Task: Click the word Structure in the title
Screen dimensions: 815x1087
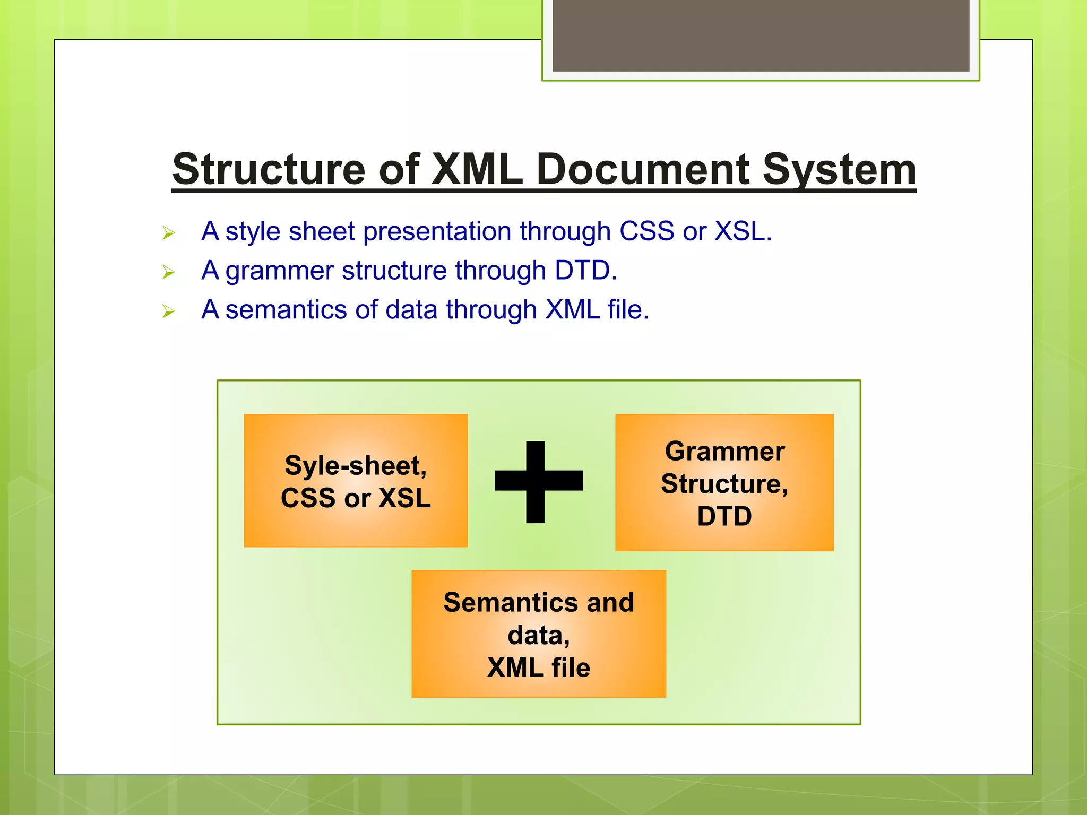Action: [x=269, y=170]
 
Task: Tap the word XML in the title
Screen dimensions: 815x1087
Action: [x=477, y=170]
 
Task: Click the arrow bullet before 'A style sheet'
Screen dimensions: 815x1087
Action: [x=168, y=233]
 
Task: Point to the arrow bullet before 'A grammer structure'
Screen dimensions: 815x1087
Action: [x=168, y=272]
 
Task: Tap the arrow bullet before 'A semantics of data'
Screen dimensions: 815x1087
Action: [x=168, y=311]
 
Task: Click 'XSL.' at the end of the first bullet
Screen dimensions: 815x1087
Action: [x=743, y=231]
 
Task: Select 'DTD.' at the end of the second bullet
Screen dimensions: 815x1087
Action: [x=586, y=271]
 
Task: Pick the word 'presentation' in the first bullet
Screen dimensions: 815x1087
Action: [x=437, y=232]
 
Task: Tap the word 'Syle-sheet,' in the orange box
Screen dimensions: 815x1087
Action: [x=356, y=466]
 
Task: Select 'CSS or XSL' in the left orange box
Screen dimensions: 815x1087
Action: [x=356, y=498]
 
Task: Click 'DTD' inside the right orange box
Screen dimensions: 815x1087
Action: [x=724, y=516]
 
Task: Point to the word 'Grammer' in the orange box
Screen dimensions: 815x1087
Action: [x=724, y=452]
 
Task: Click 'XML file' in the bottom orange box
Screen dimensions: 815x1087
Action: [x=538, y=667]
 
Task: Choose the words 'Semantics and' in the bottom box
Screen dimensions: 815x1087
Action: [x=538, y=603]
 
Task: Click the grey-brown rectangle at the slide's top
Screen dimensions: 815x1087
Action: [x=761, y=35]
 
